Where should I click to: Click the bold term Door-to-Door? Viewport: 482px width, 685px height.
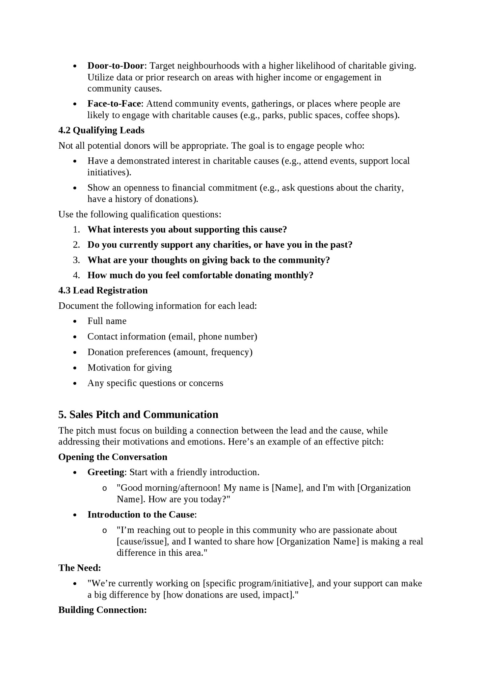coord(116,66)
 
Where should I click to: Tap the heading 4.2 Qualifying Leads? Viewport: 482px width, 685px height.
coord(101,130)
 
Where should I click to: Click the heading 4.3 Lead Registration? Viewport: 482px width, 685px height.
coord(103,290)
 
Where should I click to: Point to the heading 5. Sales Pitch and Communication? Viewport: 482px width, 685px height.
coord(138,414)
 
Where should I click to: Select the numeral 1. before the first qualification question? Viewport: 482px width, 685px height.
coord(76,230)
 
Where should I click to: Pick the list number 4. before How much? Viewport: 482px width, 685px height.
coord(76,275)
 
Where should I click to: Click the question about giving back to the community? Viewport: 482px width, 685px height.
coord(209,260)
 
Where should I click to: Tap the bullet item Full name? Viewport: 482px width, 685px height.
coord(107,321)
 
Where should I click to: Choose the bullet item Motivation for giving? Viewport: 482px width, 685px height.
coord(130,367)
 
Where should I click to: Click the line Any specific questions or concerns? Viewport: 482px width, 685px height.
coord(155,383)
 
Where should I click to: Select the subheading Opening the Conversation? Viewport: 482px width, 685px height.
coord(113,457)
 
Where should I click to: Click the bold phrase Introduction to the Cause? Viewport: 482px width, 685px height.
coord(141,515)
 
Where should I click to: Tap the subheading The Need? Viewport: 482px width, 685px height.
coord(80,568)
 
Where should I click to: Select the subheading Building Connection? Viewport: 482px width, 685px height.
coord(103,610)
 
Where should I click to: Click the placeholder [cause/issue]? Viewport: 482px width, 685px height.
coord(142,541)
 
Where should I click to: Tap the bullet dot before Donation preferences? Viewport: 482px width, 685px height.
coord(75,352)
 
